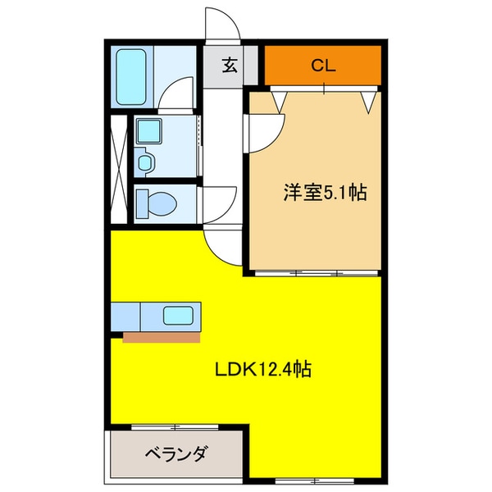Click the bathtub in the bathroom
[130, 76]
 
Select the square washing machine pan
[149, 130]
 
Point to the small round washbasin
[145, 162]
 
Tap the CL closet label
[323, 66]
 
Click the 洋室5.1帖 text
[324, 193]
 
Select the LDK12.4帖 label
[262, 370]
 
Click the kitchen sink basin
[178, 315]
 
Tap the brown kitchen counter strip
[162, 335]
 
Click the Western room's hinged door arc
[265, 131]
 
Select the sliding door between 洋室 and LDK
[316, 270]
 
